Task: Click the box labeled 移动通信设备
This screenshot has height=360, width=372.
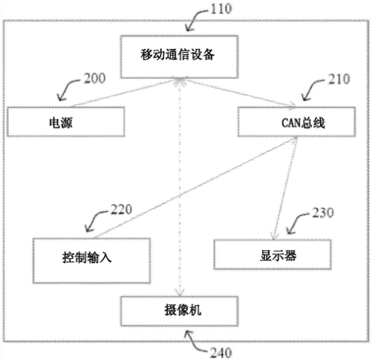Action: click(179, 56)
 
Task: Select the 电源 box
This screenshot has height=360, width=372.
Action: click(66, 122)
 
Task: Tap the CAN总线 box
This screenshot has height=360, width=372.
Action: click(297, 122)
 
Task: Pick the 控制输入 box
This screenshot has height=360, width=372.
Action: click(92, 261)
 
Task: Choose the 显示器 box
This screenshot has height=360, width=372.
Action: click(273, 255)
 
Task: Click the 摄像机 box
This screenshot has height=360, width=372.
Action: click(179, 311)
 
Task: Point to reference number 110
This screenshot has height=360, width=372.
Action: click(221, 9)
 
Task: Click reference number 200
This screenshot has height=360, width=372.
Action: click(94, 78)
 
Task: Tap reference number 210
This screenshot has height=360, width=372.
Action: click(339, 79)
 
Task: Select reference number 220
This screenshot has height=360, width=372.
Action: click(121, 209)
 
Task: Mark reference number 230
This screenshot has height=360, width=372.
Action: click(323, 212)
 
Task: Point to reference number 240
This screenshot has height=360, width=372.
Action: click(221, 352)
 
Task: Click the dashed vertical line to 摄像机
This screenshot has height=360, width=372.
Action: click(180, 187)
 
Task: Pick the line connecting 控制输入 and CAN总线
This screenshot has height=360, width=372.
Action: click(196, 187)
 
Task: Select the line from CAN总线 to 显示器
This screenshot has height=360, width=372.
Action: click(285, 188)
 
